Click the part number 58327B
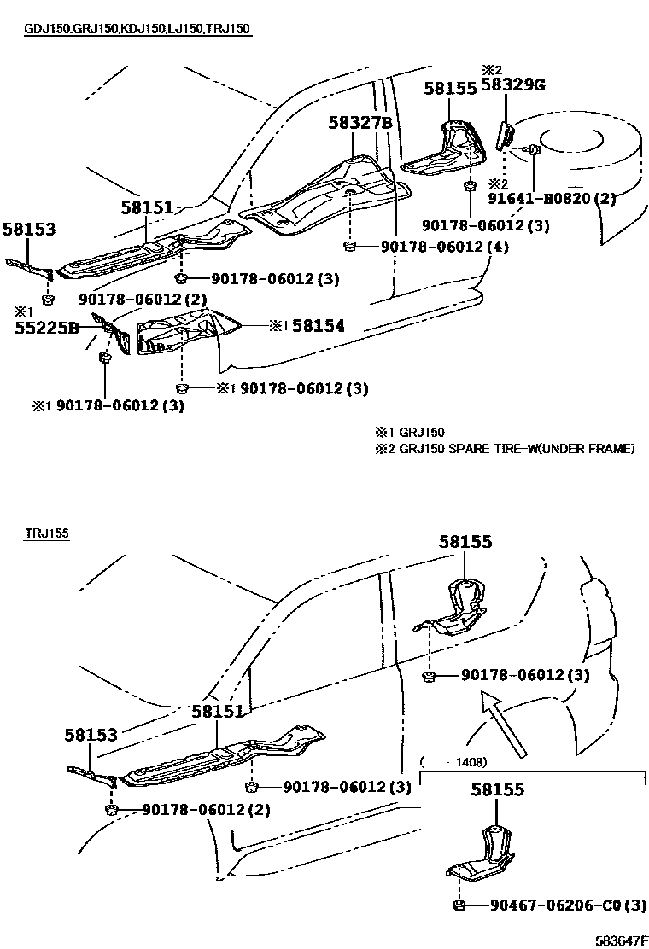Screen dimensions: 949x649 pos(360,123)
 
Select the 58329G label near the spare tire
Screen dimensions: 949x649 pos(512,84)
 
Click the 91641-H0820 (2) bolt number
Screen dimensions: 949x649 pos(564,199)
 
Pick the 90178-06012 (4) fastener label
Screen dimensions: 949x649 pos(435,247)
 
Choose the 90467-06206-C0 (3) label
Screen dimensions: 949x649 pos(568,905)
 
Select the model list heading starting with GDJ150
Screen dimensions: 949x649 pos(137,29)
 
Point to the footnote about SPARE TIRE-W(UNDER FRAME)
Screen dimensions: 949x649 pos(505,448)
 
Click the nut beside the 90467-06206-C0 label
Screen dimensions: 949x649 pos(459,905)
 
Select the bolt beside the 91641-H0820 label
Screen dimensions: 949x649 pos(534,150)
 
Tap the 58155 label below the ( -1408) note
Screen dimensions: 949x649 pos(498,790)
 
